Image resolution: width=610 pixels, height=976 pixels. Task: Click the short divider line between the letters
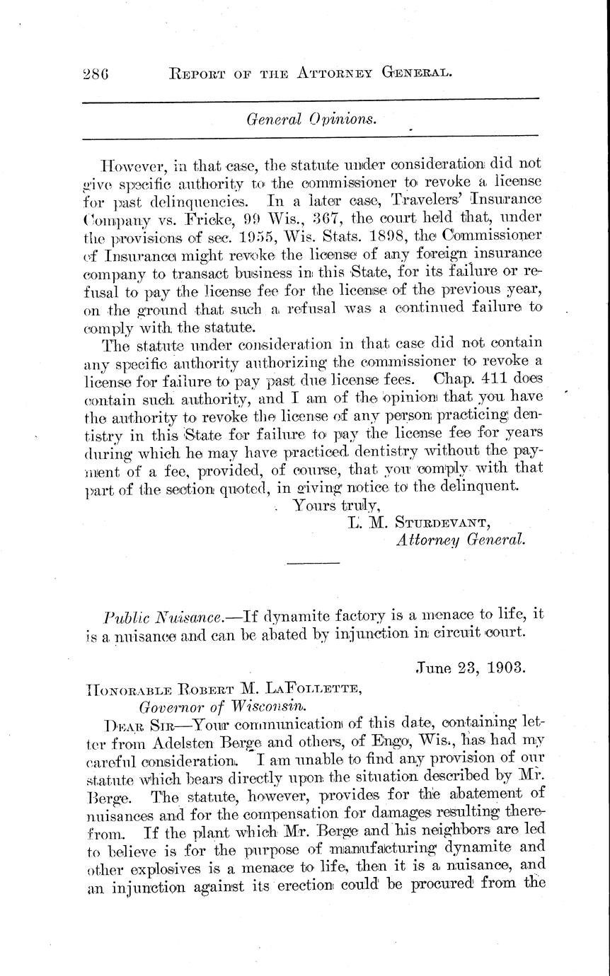pyautogui.click(x=305, y=563)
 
